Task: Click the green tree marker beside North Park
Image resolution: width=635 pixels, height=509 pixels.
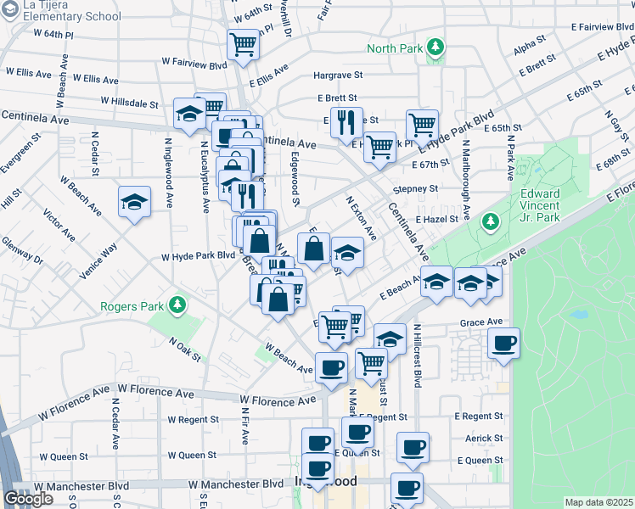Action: pos(436,48)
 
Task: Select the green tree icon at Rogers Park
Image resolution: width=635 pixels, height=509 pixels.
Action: pos(177,305)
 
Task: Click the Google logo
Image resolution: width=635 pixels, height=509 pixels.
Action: pos(28,499)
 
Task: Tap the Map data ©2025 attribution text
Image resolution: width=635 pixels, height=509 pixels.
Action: pos(599,502)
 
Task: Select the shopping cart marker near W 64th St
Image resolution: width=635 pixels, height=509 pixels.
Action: pos(244,44)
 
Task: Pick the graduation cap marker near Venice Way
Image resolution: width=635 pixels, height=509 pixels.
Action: pos(134,202)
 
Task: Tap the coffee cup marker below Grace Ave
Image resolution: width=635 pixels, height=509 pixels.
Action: pos(503,343)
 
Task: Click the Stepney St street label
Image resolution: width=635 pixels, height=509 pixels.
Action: pos(415,188)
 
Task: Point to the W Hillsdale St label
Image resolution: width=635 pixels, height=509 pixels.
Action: pos(129,103)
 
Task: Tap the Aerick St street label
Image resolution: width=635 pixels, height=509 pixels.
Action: pos(485,439)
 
